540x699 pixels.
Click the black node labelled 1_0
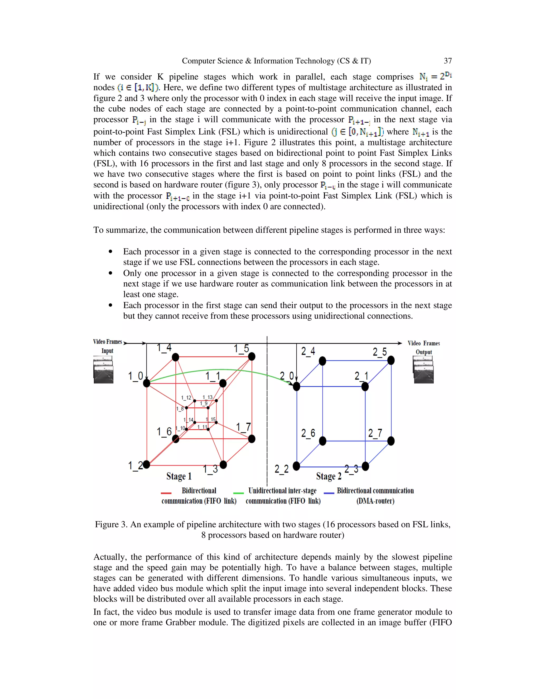pyautogui.click(x=147, y=383)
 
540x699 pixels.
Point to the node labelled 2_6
pyautogui.click(x=322, y=441)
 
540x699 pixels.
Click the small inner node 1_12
pyautogui.click(x=195, y=401)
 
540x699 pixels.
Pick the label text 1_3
pyautogui.click(x=210, y=469)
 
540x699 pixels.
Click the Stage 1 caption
pyautogui.click(x=179, y=476)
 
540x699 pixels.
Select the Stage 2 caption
pyautogui.click(x=329, y=476)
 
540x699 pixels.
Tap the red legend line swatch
pyautogui.click(x=166, y=493)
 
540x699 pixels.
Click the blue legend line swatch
pyautogui.click(x=329, y=493)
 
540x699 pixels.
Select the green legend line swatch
pyautogui.click(x=238, y=493)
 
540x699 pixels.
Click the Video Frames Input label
pyautogui.click(x=108, y=346)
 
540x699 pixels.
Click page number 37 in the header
pyautogui.click(x=447, y=61)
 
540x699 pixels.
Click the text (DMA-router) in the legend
pyautogui.click(x=375, y=501)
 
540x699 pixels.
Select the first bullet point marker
pyautogui.click(x=110, y=252)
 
